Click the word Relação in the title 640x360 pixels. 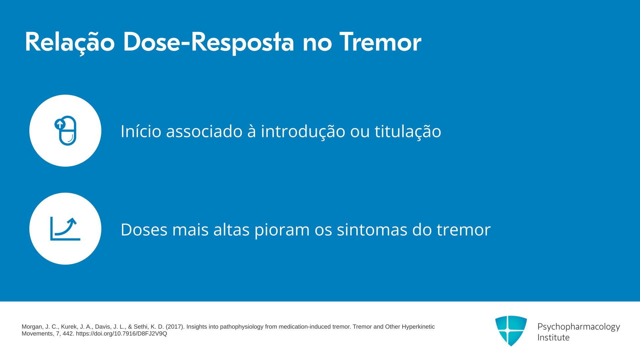[x=70, y=43]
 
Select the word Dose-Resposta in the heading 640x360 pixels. [x=209, y=43]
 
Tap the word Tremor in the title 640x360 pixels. [x=380, y=42]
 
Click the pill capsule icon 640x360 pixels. [x=66, y=131]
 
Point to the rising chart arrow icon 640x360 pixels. [x=65, y=229]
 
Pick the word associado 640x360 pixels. [x=204, y=131]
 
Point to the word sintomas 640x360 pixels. [x=372, y=229]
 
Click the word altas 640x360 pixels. [x=231, y=229]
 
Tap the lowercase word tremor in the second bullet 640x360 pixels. [x=464, y=230]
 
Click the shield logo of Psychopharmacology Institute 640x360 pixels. [x=511, y=331]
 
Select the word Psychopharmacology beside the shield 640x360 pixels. [x=579, y=327]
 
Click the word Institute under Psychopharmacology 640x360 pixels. [x=554, y=337]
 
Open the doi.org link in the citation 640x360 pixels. [x=121, y=334]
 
